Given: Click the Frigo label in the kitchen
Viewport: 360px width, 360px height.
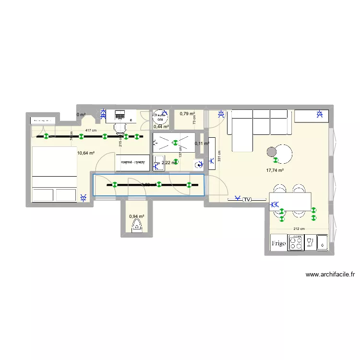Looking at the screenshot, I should point(279,243).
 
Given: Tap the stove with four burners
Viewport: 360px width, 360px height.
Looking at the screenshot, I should point(295,243).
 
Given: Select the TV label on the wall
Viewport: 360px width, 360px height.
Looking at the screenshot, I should point(248,199).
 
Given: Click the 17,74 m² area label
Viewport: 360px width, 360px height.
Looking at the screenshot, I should point(276,170).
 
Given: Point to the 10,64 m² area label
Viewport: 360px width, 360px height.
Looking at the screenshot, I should point(85,153).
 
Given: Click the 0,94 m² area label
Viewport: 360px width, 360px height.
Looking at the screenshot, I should point(136,216).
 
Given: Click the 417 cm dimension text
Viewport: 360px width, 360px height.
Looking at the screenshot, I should point(91,131).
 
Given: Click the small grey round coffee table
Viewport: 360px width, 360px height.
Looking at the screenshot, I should point(271,152).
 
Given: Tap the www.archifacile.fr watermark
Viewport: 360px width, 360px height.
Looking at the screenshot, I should point(330,275).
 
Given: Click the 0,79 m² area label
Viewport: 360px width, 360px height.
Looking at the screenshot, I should point(187,114).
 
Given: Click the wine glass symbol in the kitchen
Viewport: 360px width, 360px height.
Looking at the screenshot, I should point(310,242).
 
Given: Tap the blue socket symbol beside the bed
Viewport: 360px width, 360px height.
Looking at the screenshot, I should point(84,197).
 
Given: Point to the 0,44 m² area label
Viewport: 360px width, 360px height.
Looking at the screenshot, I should point(161,127).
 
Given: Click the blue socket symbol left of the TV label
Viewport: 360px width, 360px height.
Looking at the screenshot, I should point(237,198).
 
